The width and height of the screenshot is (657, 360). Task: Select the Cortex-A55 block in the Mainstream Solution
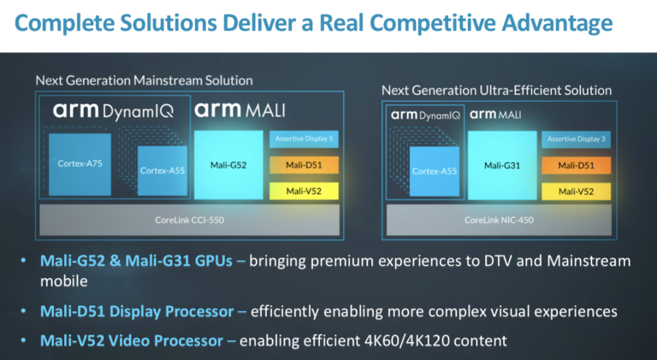point(163,171)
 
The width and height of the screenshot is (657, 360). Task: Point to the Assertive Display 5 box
point(305,139)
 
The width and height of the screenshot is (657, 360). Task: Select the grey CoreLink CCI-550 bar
point(188,220)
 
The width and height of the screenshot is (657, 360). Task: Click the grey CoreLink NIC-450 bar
point(498,220)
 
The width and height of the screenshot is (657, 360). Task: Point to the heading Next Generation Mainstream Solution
point(144,80)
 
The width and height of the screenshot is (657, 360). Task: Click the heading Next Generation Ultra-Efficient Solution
point(496,90)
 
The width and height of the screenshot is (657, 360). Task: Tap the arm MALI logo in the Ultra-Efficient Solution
point(496,114)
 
